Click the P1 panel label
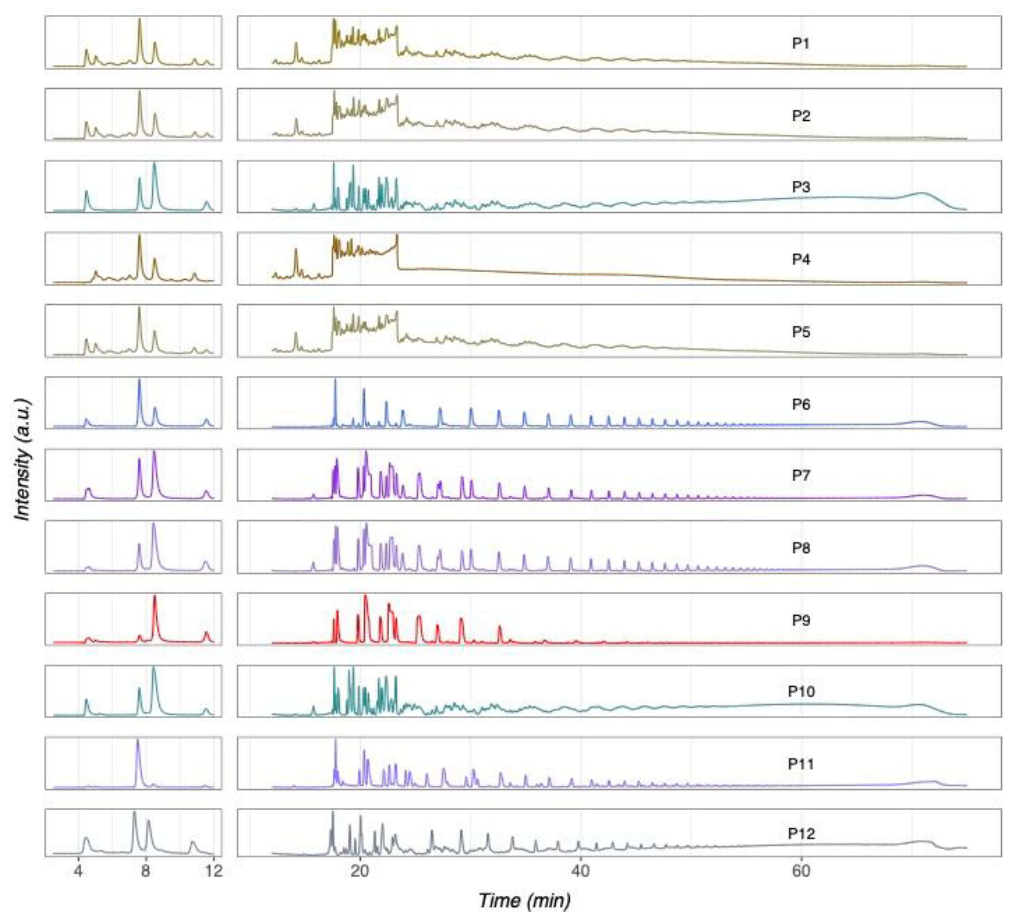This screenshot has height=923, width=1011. coord(801,43)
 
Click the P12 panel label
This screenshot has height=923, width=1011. coord(801,834)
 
